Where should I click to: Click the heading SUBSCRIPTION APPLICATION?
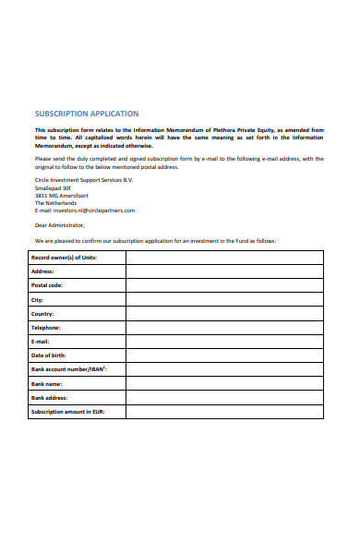tap(87, 114)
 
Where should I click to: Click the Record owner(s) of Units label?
tap(64, 258)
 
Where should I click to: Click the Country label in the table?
tap(43, 313)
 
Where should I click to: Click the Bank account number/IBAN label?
tap(69, 369)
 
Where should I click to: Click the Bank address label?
tap(50, 397)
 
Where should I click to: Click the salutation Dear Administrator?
tap(59, 224)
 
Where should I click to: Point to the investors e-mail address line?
tap(85, 210)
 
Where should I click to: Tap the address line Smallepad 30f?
tap(53, 187)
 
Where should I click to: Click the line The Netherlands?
tap(56, 202)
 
